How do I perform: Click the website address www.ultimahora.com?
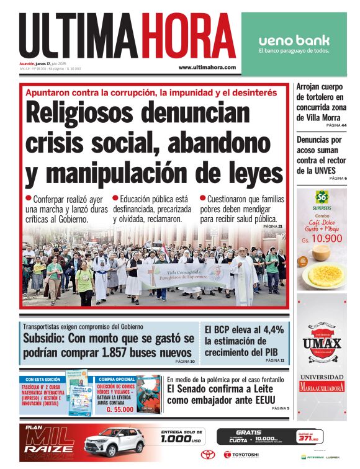(x=207, y=67)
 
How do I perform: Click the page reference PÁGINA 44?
(x=336, y=125)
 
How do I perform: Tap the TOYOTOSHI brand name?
(x=247, y=455)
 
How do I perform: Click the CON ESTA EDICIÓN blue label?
(x=43, y=379)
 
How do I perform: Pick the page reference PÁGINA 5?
(x=281, y=408)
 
